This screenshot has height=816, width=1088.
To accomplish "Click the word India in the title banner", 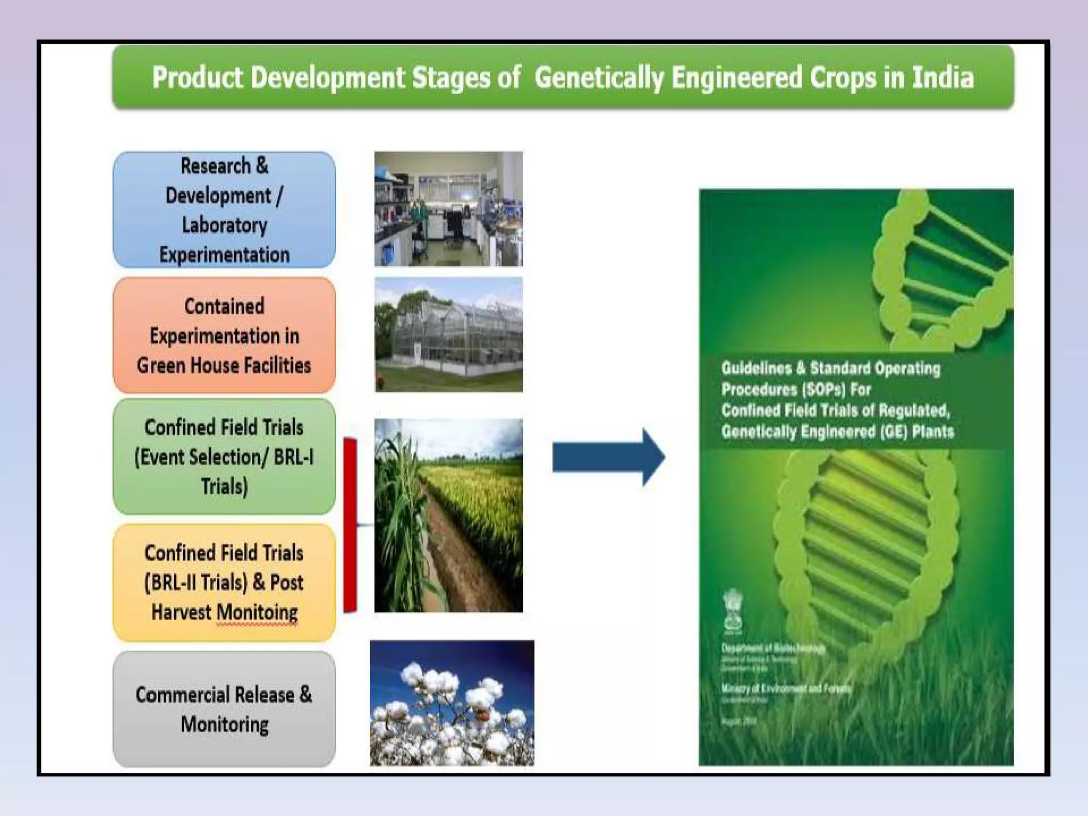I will (x=943, y=78).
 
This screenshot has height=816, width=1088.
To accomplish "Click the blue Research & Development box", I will (x=224, y=210).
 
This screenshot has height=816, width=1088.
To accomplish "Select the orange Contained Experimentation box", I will (x=224, y=335).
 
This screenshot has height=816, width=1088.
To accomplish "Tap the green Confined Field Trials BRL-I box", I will (x=224, y=457).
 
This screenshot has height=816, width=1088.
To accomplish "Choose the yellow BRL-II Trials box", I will (x=224, y=582).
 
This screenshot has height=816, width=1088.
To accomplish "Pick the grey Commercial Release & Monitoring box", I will (x=224, y=709).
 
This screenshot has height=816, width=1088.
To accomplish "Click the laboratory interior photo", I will (x=448, y=209).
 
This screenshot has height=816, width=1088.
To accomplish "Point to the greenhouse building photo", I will (x=448, y=335).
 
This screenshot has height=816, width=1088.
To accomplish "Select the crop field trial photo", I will (x=448, y=515).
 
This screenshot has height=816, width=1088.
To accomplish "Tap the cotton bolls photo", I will (x=452, y=703).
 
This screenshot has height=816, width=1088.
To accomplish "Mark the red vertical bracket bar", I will (x=350, y=525).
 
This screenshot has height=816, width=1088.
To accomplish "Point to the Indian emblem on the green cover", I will (x=733, y=611).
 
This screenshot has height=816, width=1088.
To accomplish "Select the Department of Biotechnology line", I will (x=773, y=648).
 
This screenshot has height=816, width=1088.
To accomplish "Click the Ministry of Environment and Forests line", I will (x=785, y=688).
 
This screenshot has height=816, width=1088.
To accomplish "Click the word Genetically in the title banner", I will (x=599, y=78).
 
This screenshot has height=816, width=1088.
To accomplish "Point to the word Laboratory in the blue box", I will (x=224, y=225).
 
